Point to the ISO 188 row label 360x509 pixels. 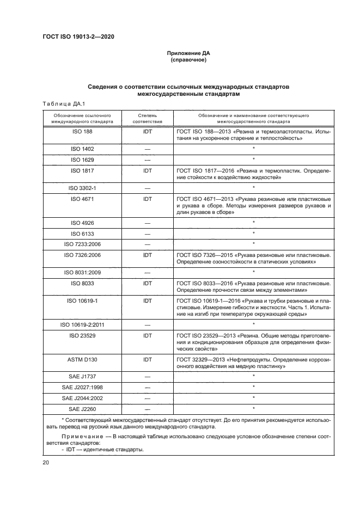click(x=82, y=132)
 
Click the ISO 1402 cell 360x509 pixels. click(x=82, y=149)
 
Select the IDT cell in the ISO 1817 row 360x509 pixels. click(x=147, y=170)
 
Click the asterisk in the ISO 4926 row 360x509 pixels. click(x=254, y=222)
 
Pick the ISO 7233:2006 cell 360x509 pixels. click(x=82, y=243)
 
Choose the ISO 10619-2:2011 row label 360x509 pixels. click(x=82, y=324)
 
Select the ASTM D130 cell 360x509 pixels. click(x=82, y=360)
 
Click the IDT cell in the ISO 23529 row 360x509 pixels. click(x=147, y=336)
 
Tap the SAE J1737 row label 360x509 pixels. click(x=82, y=376)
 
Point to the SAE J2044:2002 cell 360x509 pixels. click(x=82, y=398)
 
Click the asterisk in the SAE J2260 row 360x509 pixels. click(x=254, y=408)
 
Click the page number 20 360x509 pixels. click(x=46, y=462)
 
